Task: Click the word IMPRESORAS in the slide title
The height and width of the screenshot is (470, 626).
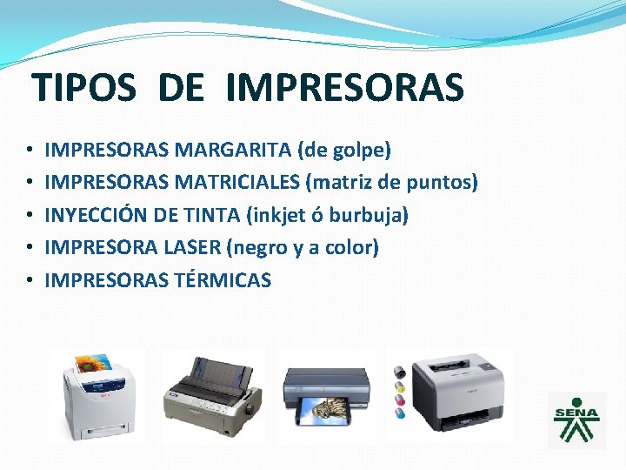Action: click(x=344, y=88)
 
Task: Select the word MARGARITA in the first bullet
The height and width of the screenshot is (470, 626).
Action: click(x=233, y=151)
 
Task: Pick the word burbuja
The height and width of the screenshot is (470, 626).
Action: click(x=375, y=215)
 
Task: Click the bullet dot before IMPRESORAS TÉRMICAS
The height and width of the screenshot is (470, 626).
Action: click(x=30, y=280)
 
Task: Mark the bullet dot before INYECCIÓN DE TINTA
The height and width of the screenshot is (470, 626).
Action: click(x=30, y=216)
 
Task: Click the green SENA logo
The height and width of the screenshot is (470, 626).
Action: click(x=576, y=420)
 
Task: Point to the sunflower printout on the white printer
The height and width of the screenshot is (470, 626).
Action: click(x=95, y=365)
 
